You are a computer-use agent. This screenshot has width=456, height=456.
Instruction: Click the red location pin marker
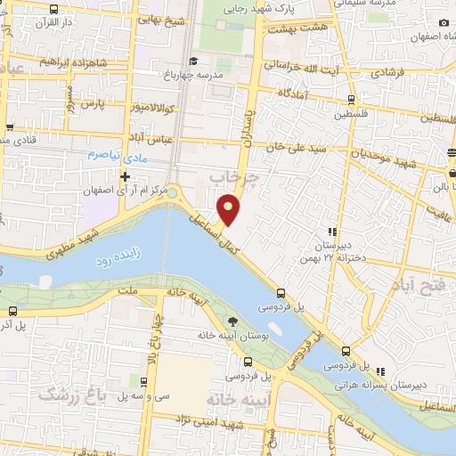(230, 209)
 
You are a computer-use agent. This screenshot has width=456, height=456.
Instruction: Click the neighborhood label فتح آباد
(418, 284)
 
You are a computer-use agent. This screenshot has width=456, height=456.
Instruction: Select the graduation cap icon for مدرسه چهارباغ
(168, 75)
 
